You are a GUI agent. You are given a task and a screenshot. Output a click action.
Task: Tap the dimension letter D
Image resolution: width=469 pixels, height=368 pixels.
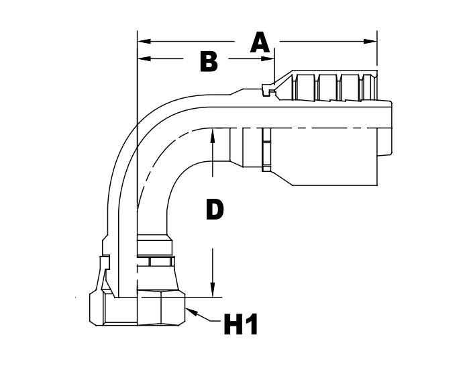[x=214, y=210]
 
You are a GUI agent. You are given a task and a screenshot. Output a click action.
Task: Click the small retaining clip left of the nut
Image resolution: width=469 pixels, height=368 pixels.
[x=105, y=269]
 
